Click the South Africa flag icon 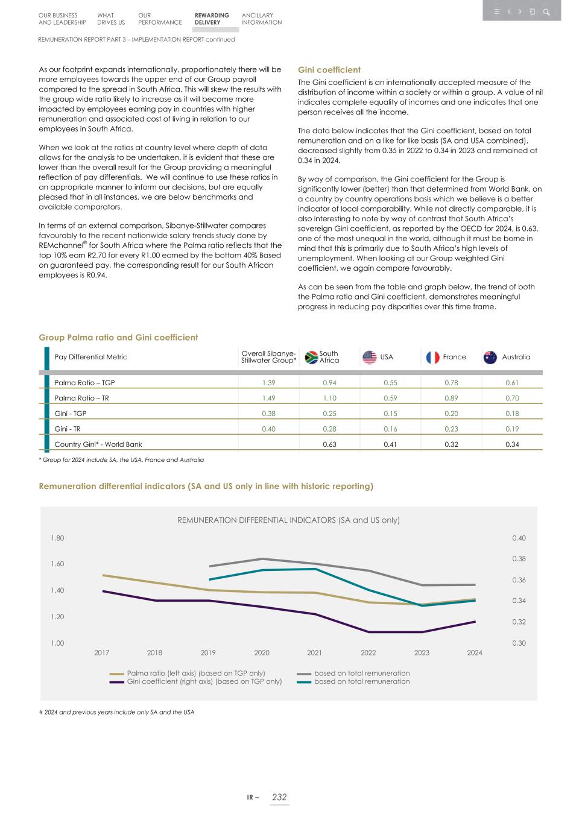click(x=311, y=358)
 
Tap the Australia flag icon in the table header click(x=490, y=358)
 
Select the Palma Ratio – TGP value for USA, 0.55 click(x=390, y=383)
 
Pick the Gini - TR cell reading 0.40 click(x=268, y=429)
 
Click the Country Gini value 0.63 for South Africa click(x=329, y=444)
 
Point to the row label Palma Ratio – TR click(x=81, y=399)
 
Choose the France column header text click(x=454, y=357)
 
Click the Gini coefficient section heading click(x=329, y=70)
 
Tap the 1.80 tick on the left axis click(x=57, y=538)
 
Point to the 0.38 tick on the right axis click(x=519, y=559)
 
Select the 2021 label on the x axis click(x=314, y=653)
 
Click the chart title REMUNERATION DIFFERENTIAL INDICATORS click(x=288, y=520)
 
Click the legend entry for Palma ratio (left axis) click(x=195, y=673)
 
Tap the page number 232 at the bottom click(x=279, y=797)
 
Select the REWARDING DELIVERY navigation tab click(x=212, y=19)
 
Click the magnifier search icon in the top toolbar click(x=546, y=11)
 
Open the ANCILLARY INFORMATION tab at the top click(x=261, y=19)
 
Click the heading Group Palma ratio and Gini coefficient click(x=118, y=338)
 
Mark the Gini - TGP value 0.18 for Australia click(x=512, y=414)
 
